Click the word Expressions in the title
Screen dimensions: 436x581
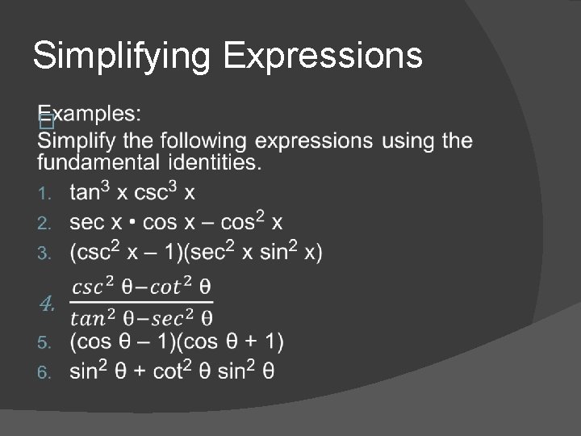click(x=323, y=57)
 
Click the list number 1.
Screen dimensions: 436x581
click(x=46, y=194)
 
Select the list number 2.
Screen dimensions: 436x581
click(x=46, y=222)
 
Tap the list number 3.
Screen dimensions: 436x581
click(x=46, y=254)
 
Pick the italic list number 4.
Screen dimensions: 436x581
click(x=48, y=304)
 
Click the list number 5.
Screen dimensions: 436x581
click(x=46, y=343)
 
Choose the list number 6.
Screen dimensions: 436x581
click(x=46, y=372)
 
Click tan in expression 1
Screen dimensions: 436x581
click(x=85, y=194)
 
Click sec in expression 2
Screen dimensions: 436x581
click(x=86, y=222)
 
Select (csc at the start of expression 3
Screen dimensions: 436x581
click(x=89, y=253)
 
